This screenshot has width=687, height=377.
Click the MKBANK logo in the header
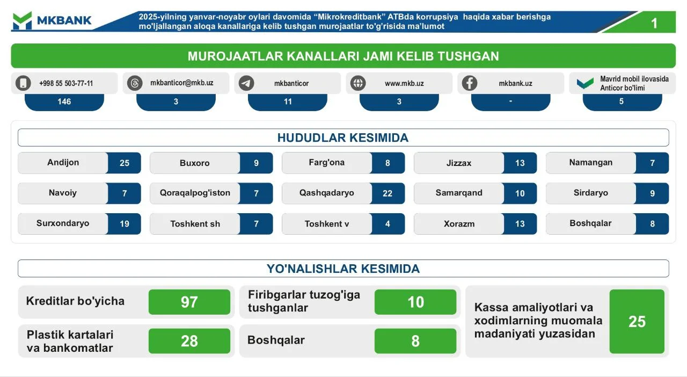(x=52, y=21)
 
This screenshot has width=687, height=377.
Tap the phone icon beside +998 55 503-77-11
(x=23, y=83)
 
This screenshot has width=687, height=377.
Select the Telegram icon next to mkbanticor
(x=246, y=83)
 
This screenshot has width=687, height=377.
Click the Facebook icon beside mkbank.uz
(x=470, y=83)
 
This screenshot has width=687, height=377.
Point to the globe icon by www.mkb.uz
(x=358, y=83)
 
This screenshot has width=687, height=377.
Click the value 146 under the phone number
(x=64, y=102)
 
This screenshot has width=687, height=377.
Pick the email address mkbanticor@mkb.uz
(x=181, y=83)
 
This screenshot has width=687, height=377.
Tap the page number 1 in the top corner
(x=654, y=23)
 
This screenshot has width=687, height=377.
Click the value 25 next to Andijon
(x=125, y=163)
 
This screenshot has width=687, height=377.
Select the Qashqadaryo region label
(x=326, y=193)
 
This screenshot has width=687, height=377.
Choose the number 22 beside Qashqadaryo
(x=388, y=193)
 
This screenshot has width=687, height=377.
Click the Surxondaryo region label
(x=63, y=223)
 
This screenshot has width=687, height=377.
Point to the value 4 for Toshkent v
(x=388, y=224)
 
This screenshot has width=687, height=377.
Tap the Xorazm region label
(x=459, y=224)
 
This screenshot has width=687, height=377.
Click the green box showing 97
(x=189, y=302)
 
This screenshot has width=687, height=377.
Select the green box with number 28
(x=189, y=341)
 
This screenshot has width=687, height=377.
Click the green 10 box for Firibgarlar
(x=415, y=302)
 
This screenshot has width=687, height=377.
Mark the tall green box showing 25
(x=637, y=321)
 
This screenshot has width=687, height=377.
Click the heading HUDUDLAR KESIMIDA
(x=343, y=138)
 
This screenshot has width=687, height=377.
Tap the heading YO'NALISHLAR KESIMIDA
(x=343, y=269)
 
